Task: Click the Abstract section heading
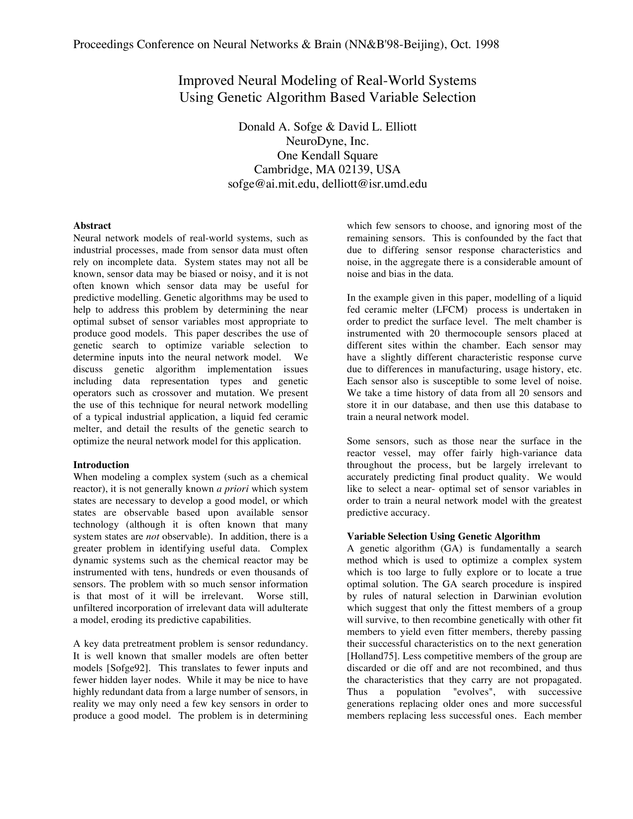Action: point(92,226)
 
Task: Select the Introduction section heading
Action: point(101,465)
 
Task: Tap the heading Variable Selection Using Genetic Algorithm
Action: point(443,537)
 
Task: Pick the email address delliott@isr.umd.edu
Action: point(374,184)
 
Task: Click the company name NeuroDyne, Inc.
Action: point(327,141)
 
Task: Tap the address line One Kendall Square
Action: point(327,155)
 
